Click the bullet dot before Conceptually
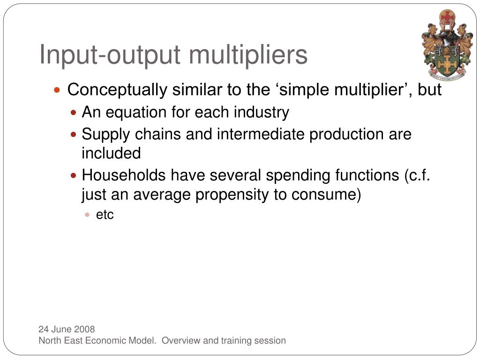pyautogui.click(x=57, y=90)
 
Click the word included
pyautogui.click(x=111, y=153)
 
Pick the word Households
pyautogui.click(x=124, y=175)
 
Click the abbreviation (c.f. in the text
pyautogui.click(x=417, y=175)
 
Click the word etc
pyautogui.click(x=105, y=215)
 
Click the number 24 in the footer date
pyautogui.click(x=44, y=330)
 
